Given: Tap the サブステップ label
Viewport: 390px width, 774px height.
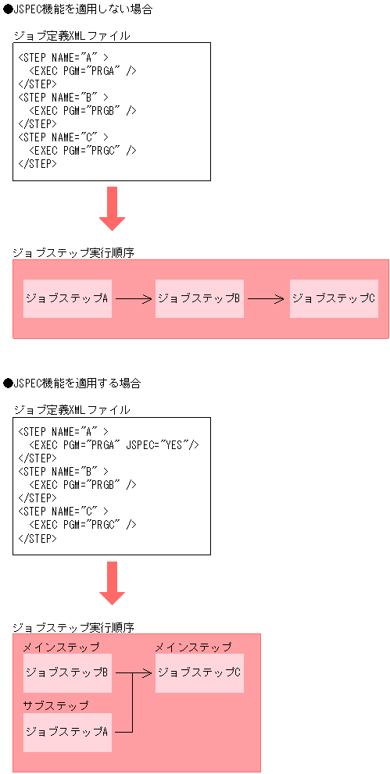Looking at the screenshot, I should [x=55, y=705].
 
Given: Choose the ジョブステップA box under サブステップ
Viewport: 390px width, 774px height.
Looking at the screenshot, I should [x=67, y=732].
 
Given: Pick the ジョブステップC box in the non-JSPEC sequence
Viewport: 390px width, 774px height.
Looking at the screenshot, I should [x=334, y=298].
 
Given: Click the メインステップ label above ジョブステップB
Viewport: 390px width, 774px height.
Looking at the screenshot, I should [x=61, y=647].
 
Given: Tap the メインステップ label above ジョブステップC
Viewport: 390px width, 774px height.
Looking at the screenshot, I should [x=193, y=647].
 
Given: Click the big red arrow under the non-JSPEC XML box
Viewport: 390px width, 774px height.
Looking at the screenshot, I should [x=112, y=208].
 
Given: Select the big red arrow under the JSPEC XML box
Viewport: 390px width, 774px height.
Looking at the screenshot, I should [x=112, y=583].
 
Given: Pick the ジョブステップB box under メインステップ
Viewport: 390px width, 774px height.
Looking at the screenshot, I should [x=67, y=672].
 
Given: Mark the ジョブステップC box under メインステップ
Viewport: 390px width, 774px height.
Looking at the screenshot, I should [x=199, y=672].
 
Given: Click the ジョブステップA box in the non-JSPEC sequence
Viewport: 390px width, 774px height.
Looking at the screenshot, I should [x=67, y=298].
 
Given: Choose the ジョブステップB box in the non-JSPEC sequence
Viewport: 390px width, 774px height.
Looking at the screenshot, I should [x=199, y=298].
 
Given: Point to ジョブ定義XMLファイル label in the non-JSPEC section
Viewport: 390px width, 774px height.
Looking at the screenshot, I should [x=72, y=36].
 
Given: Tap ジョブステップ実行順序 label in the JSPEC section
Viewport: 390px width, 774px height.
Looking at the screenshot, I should [x=74, y=627].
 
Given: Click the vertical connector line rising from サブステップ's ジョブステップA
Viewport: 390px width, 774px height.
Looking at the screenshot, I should [x=132, y=703].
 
